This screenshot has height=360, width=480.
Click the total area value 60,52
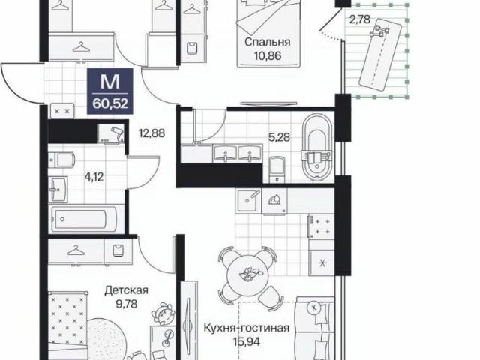click(x=110, y=103)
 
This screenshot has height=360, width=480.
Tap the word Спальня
click(x=268, y=42)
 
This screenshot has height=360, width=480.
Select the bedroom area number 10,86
click(x=268, y=56)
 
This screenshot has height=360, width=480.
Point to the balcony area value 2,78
click(x=360, y=19)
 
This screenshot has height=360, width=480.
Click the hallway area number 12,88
click(x=151, y=133)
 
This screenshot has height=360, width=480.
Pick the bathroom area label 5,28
click(x=279, y=137)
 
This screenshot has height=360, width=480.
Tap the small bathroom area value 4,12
click(x=94, y=177)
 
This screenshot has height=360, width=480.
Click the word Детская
click(x=126, y=290)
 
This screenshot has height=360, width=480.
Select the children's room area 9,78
click(x=127, y=304)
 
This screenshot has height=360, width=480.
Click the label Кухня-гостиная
click(x=247, y=328)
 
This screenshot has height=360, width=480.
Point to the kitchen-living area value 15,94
click(x=247, y=341)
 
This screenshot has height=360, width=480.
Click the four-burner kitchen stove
click(x=321, y=226)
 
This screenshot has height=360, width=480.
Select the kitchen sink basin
click(x=247, y=201)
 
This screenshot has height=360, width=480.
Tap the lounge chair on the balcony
click(x=379, y=54)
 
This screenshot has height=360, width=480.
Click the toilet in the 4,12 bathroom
click(x=62, y=160)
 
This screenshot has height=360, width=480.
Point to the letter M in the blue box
click(x=110, y=82)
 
